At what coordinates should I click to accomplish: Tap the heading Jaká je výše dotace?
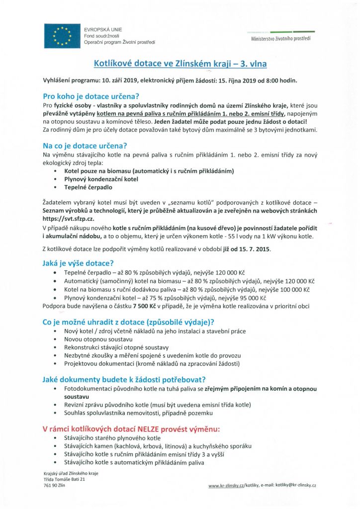79,263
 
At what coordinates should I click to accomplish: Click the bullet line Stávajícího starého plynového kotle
112,438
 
